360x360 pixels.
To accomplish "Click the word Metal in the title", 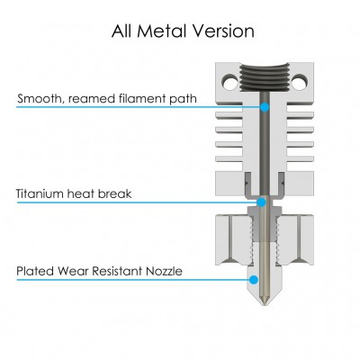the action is tap(163, 31).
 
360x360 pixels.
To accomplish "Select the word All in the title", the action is tap(122, 31).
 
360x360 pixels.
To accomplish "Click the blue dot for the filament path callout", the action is tap(265, 107).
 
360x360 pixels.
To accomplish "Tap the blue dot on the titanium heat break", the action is tap(262, 202).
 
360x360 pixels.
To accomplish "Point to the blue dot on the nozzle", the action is tap(254, 280).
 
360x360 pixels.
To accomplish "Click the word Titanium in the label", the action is tap(40, 193).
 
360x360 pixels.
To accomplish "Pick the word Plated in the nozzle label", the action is tap(35, 271).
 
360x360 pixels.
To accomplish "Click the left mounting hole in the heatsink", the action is tap(229, 82).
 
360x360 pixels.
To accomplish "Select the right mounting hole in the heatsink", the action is tap(298, 82).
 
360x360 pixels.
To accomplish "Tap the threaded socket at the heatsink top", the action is tap(265, 77).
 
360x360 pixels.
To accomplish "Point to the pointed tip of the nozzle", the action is tap(265, 306).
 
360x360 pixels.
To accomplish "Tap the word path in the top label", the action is tap(183, 99).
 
